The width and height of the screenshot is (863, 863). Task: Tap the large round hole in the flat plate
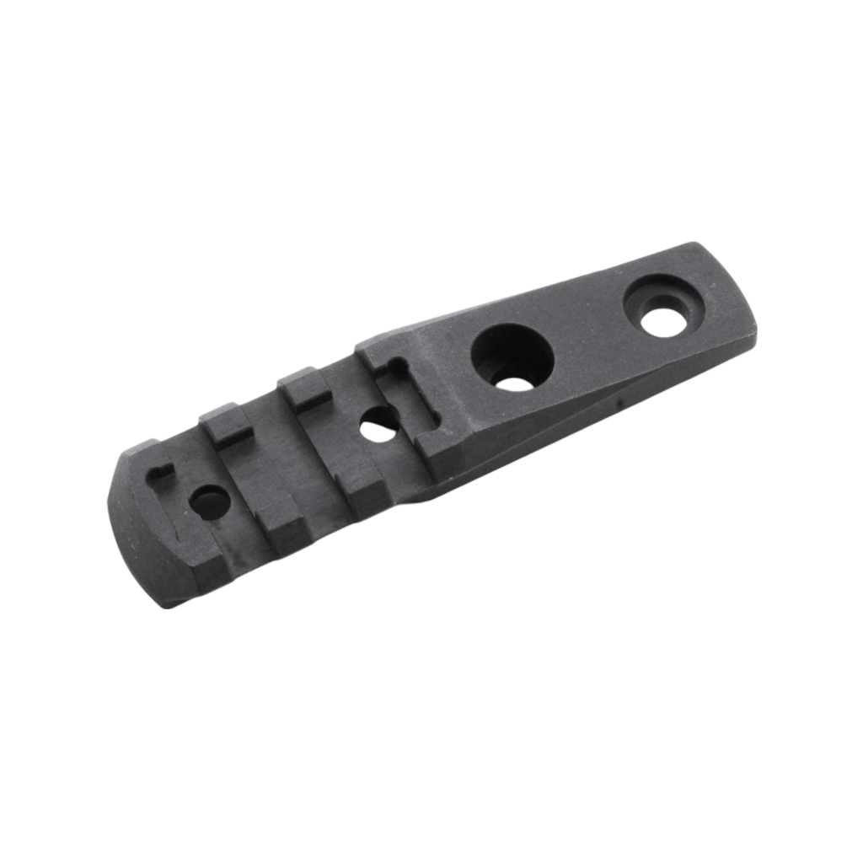point(512,357)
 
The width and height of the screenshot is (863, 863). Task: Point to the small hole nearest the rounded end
point(209,503)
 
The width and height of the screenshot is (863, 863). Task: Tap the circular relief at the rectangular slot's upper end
point(392,364)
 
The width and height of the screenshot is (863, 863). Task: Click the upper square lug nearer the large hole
point(303,385)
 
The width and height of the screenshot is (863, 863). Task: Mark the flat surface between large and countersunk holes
point(590,337)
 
